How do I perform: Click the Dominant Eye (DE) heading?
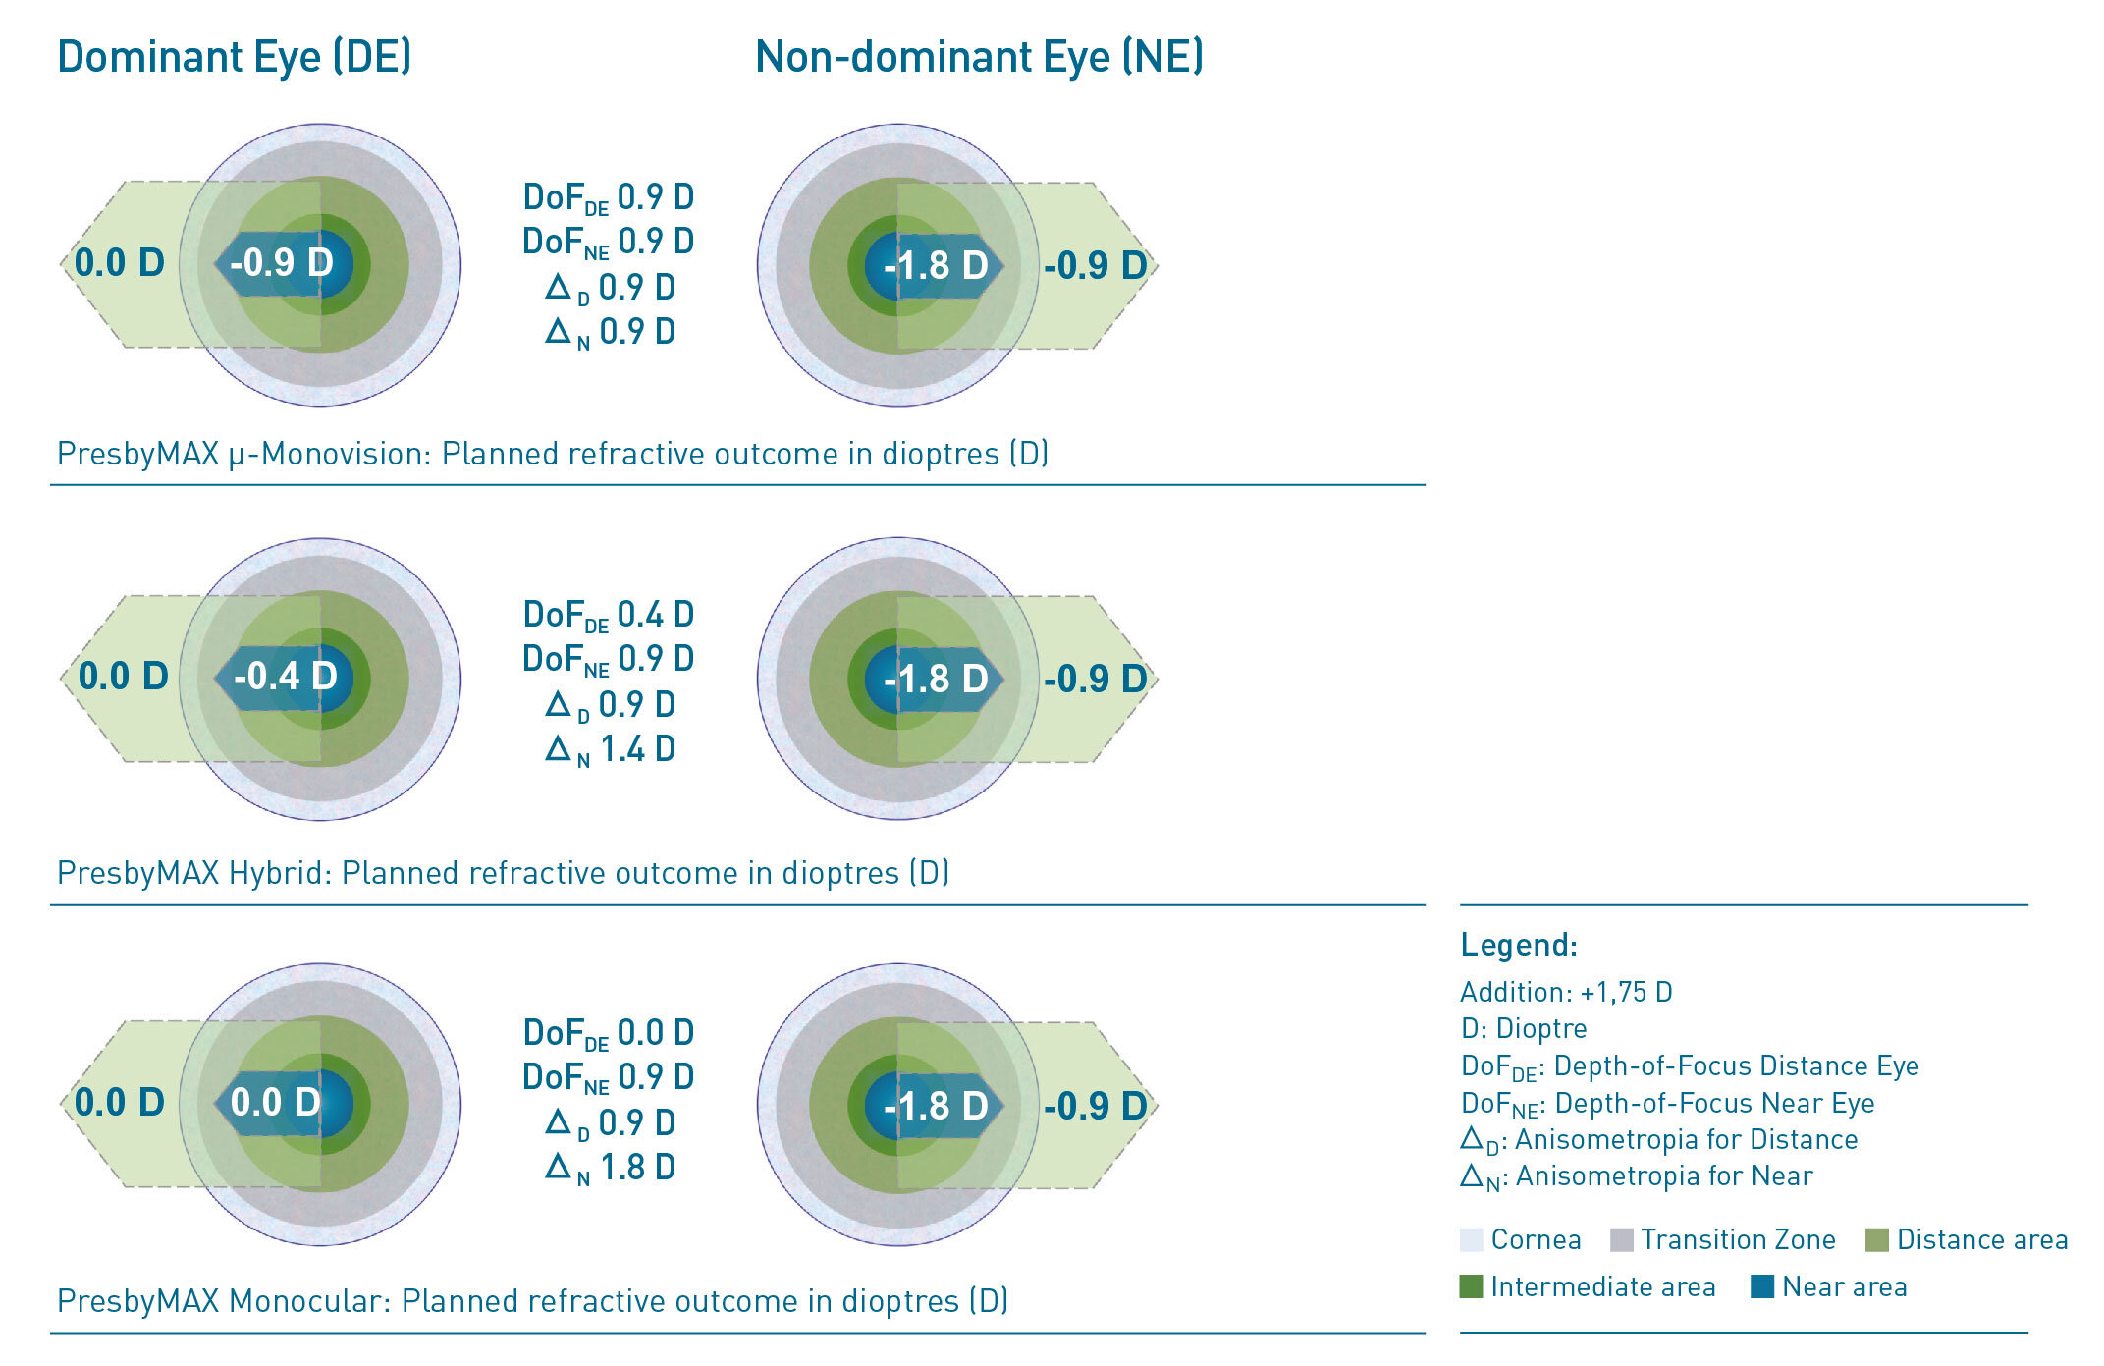pos(234,57)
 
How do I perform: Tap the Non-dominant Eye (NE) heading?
pos(979,57)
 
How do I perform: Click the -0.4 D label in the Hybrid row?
pos(285,677)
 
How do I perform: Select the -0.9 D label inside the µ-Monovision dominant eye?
pos(282,263)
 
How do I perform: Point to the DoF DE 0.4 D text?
pos(608,616)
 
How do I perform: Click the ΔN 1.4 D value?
pos(610,750)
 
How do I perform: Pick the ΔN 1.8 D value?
pos(610,1168)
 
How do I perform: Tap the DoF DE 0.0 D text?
pos(608,1034)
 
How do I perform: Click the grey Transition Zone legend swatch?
pos(1622,1240)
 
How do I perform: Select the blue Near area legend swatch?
pos(1762,1286)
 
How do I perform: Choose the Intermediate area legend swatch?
pos(1471,1286)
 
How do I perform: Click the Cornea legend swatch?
pos(1471,1240)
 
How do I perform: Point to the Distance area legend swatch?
pos(1876,1240)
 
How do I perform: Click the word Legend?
pos(1518,945)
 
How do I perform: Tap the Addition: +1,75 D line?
pos(1566,992)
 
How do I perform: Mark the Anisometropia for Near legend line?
pos(1637,1176)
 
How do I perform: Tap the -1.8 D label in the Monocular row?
pos(936,1107)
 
